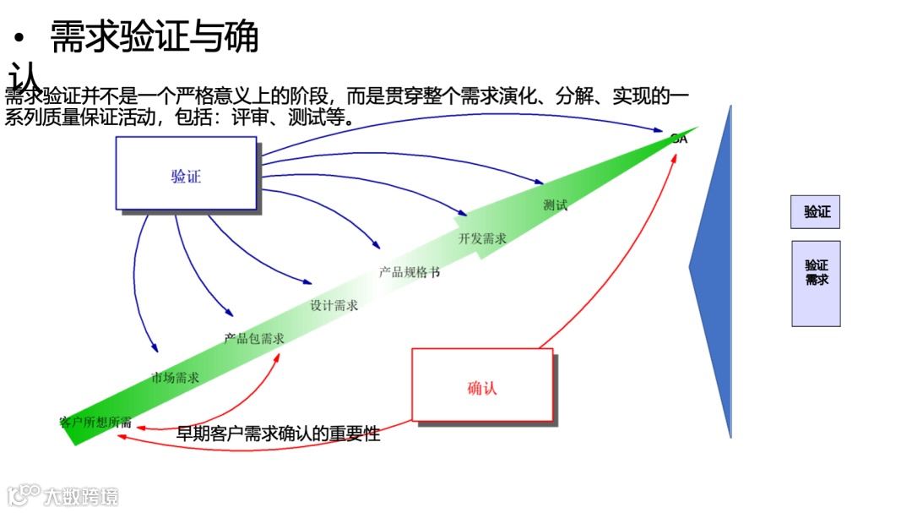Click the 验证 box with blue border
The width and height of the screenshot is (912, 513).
[186, 173]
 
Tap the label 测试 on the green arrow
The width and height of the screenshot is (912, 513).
[555, 205]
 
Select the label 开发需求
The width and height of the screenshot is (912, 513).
[482, 238]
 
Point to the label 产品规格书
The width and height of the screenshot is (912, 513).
[409, 272]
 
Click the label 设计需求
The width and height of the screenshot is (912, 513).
[334, 305]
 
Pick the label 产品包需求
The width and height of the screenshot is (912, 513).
[254, 338]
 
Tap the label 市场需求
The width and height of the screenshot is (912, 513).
[175, 377]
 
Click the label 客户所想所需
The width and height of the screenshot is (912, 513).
[95, 422]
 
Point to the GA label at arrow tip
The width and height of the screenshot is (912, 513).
[679, 138]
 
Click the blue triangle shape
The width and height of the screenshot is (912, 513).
[714, 270]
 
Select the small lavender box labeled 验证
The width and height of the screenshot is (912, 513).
[815, 211]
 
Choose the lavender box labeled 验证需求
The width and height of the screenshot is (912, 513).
[816, 283]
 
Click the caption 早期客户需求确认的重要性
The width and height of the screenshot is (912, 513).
[278, 434]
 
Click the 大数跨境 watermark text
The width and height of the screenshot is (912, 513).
[82, 495]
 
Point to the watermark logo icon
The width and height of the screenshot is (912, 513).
[23, 494]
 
